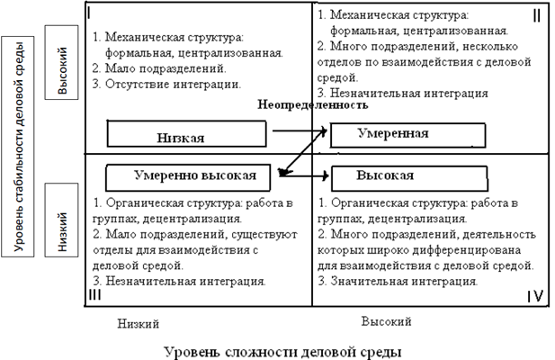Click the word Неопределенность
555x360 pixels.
313,104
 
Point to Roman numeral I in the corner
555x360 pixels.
93,13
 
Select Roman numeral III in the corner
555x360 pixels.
94,293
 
